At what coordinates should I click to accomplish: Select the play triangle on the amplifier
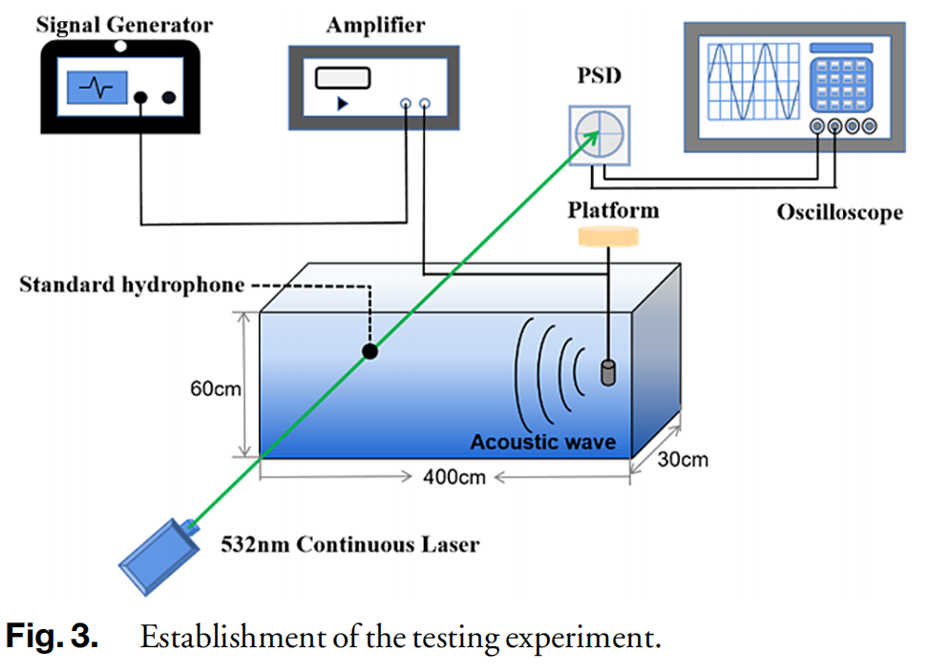[x=342, y=103]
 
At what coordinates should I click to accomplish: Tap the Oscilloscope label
[x=839, y=212]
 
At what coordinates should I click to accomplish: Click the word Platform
[x=613, y=209]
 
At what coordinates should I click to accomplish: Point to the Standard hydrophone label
[x=132, y=284]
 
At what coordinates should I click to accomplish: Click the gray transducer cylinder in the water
[x=606, y=372]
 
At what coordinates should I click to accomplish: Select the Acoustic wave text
[x=543, y=442]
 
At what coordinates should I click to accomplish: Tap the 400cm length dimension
[x=453, y=475]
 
